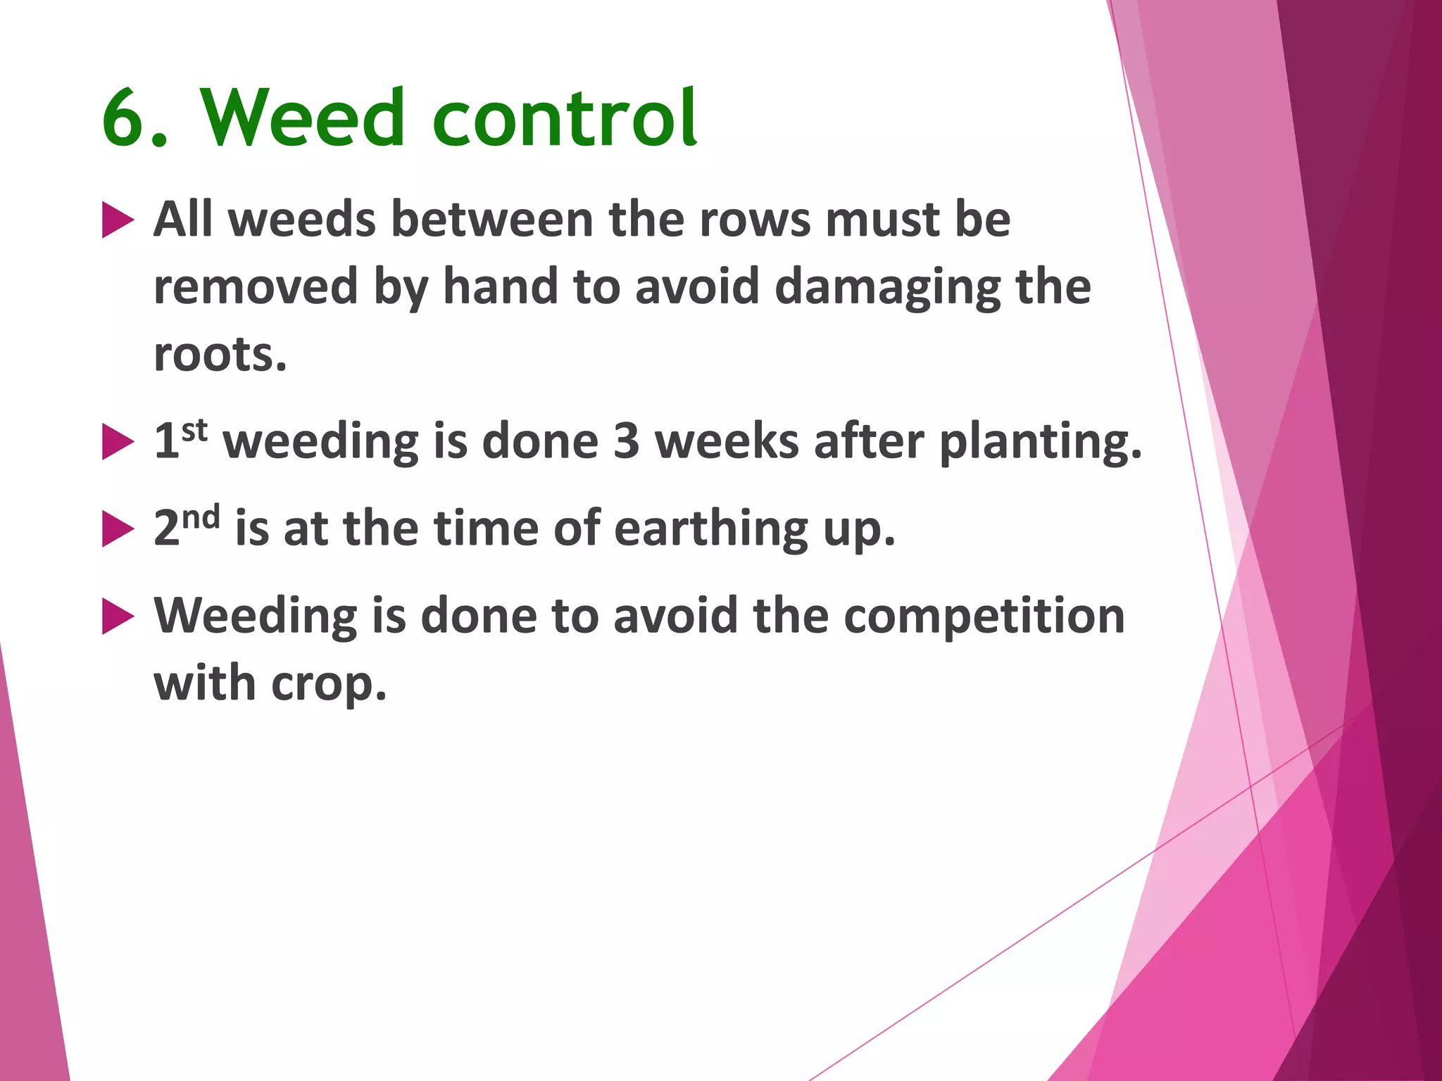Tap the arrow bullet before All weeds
pyautogui.click(x=117, y=220)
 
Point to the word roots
pyautogui.click(x=220, y=355)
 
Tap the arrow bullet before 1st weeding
pyautogui.click(x=117, y=442)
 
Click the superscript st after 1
pyautogui.click(x=194, y=429)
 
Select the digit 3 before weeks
pyautogui.click(x=626, y=442)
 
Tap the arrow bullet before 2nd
pyautogui.click(x=117, y=529)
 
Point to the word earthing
pyautogui.click(x=711, y=529)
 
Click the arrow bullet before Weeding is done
pyautogui.click(x=117, y=617)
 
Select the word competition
pyautogui.click(x=984, y=617)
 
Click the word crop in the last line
pyautogui.click(x=328, y=685)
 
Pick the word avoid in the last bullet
pyautogui.click(x=675, y=617)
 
